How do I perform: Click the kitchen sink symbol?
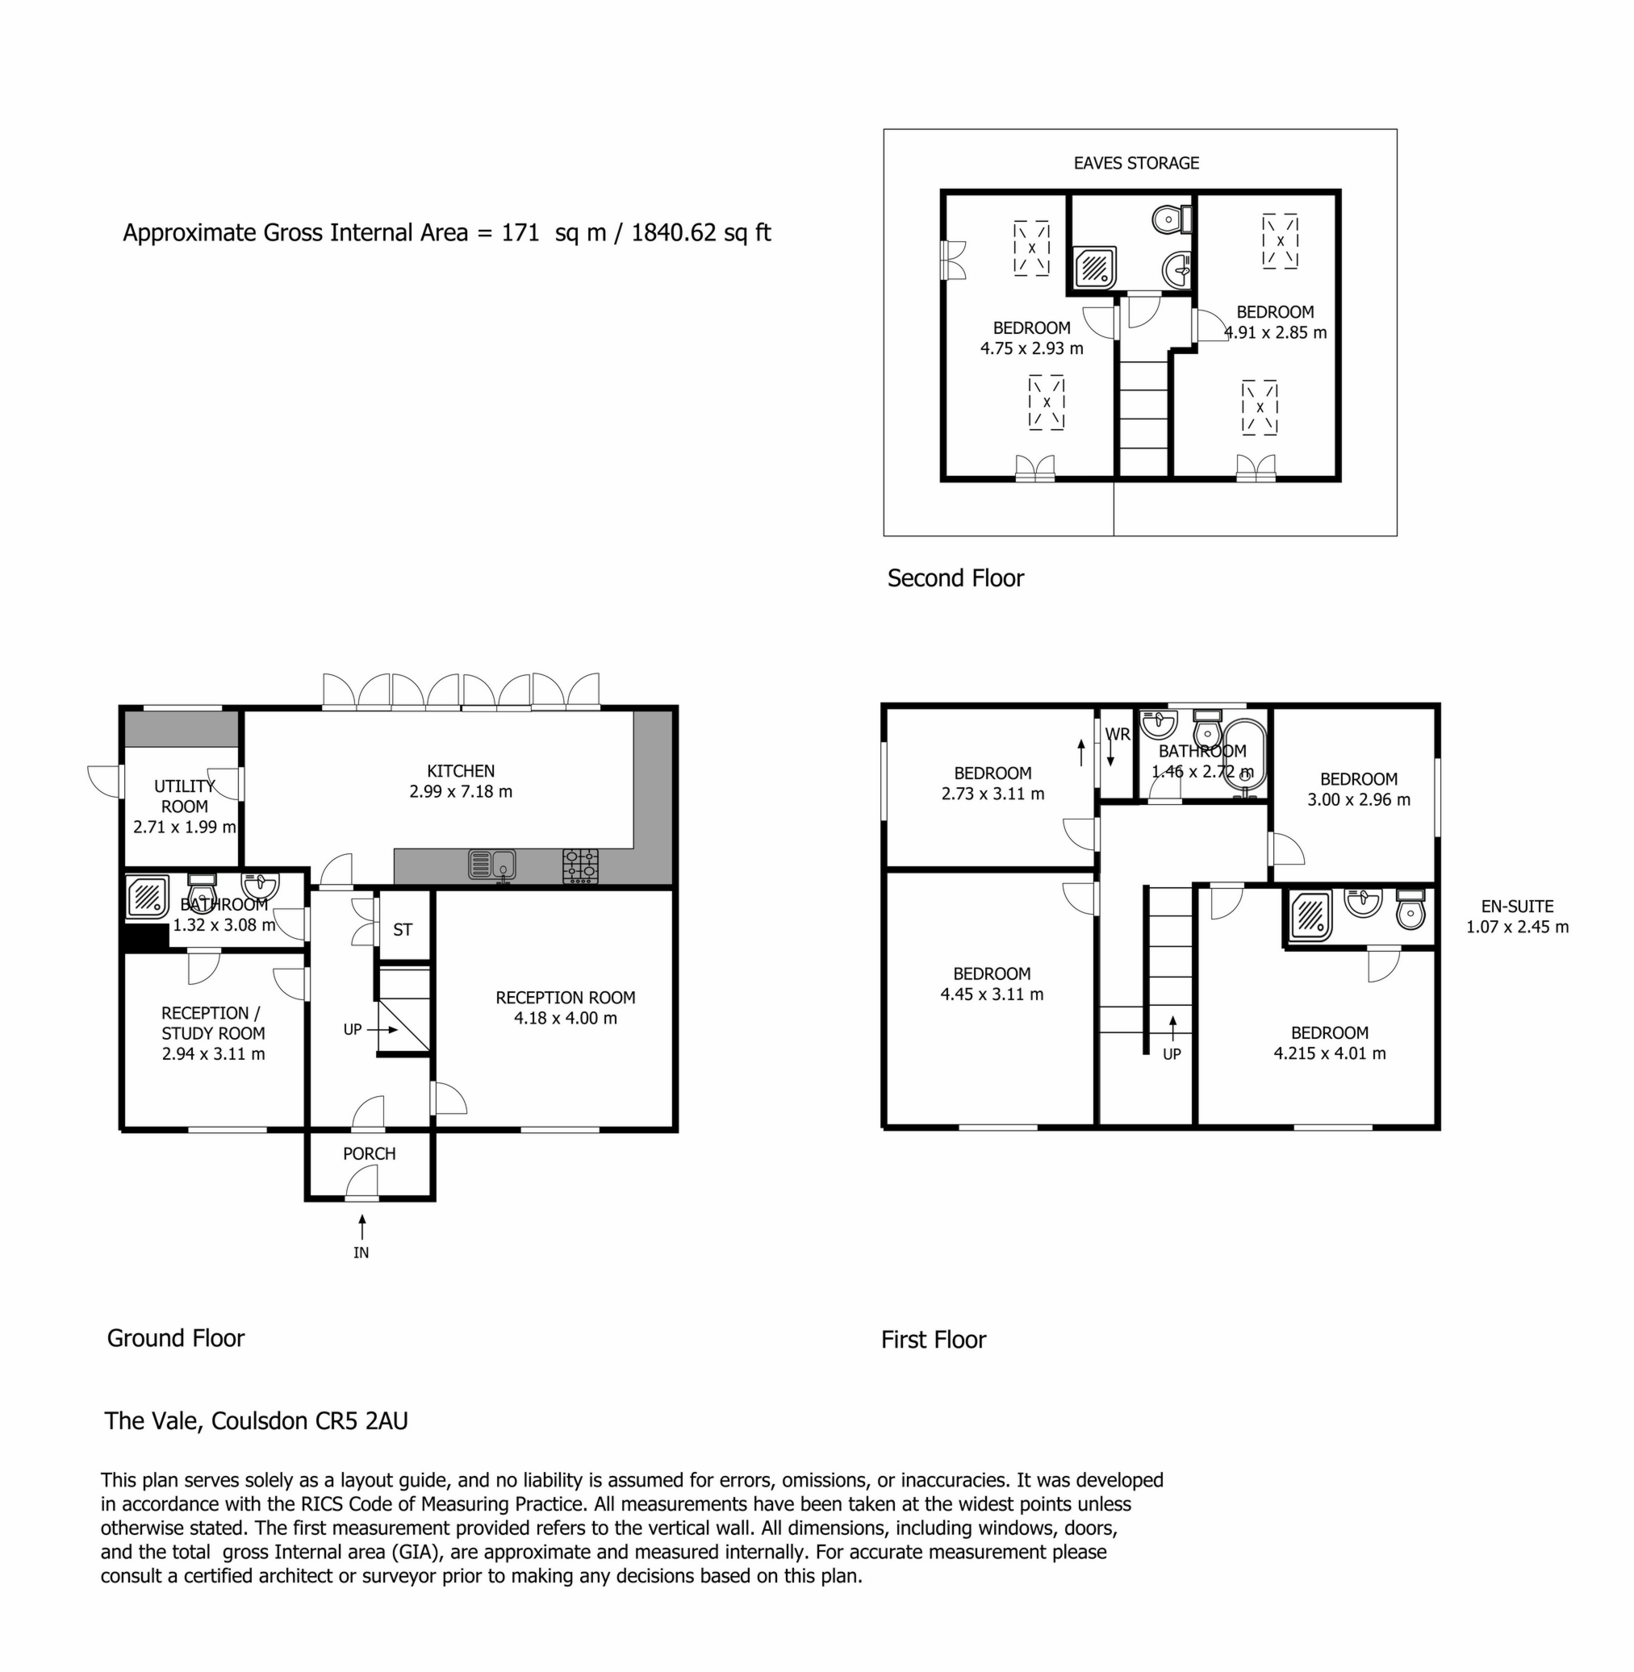pyautogui.click(x=491, y=865)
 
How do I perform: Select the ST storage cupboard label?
pyautogui.click(x=403, y=930)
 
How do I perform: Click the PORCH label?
pyautogui.click(x=369, y=1154)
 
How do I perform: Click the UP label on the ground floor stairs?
pyautogui.click(x=353, y=1029)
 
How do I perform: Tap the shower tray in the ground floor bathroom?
pyautogui.click(x=148, y=898)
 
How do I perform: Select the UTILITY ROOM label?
pyautogui.click(x=185, y=796)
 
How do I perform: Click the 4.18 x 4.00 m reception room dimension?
pyautogui.click(x=566, y=1019)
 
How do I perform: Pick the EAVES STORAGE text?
pyautogui.click(x=1136, y=163)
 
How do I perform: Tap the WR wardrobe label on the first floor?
pyautogui.click(x=1118, y=734)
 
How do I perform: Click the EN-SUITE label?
pyautogui.click(x=1517, y=906)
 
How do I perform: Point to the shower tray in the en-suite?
pyautogui.click(x=1310, y=915)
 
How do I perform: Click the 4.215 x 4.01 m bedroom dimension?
pyautogui.click(x=1329, y=1053)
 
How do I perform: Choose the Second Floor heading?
pyautogui.click(x=955, y=578)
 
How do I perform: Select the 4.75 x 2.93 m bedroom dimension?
pyautogui.click(x=1031, y=348)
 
